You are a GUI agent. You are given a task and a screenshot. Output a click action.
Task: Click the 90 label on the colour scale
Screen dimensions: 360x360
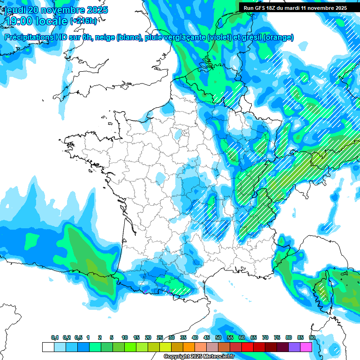tap(312, 337)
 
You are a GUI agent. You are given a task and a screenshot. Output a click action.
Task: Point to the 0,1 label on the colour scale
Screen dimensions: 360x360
tap(55, 337)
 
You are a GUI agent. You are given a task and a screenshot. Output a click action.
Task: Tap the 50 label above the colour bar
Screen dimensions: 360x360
tap(218, 337)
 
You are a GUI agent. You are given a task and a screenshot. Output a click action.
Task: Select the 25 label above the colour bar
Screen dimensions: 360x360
tap(160, 337)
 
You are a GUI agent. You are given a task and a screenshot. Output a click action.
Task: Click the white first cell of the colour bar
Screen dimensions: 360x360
tap(48, 347)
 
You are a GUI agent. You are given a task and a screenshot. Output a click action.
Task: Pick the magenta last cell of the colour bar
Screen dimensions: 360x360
tap(306, 347)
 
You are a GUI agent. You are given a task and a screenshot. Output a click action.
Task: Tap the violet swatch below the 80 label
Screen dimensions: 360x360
tap(294, 347)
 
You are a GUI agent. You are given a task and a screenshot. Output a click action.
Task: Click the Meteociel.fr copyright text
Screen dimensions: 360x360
tap(199, 357)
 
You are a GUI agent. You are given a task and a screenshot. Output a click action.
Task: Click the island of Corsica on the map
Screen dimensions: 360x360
tap(323, 289)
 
